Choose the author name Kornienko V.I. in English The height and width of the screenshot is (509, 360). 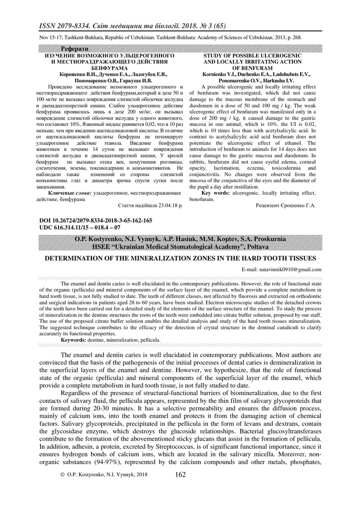(220, 73)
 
